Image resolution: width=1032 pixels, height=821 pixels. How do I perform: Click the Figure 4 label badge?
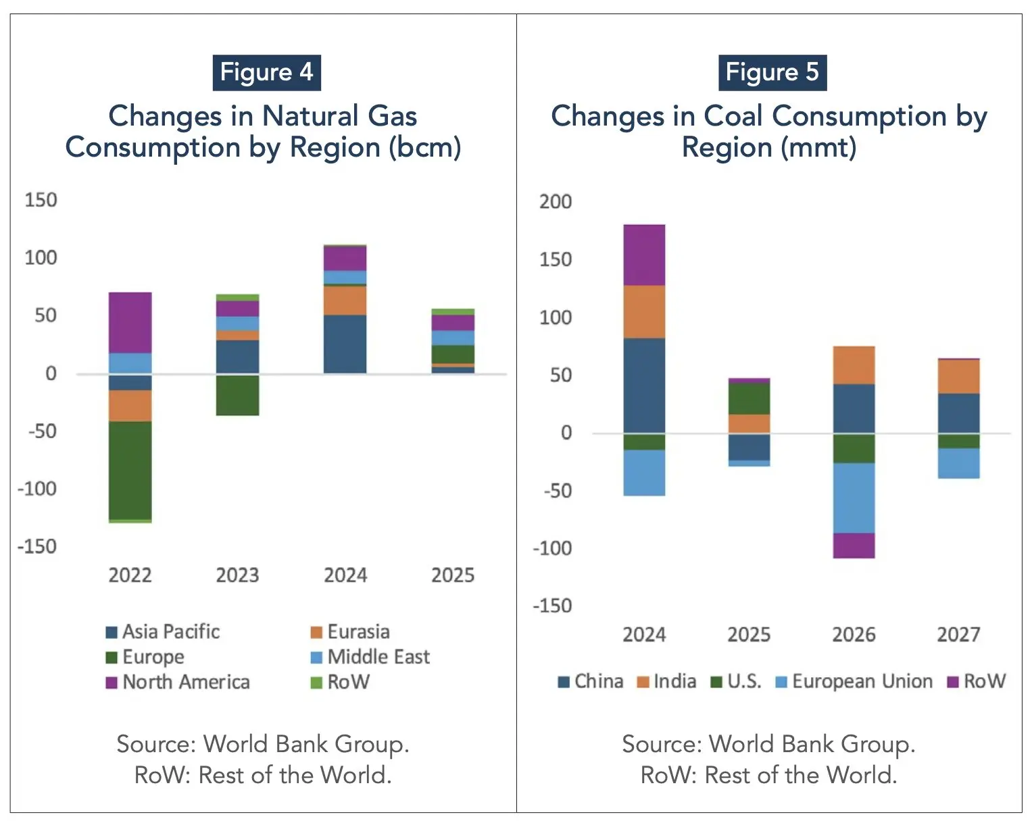[266, 72]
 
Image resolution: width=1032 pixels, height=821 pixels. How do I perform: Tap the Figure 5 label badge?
[772, 72]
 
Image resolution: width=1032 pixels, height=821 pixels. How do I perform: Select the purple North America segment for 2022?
[130, 322]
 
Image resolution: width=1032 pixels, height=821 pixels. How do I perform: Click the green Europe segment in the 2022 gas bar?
[130, 470]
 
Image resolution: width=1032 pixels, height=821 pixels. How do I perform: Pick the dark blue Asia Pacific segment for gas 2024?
[345, 344]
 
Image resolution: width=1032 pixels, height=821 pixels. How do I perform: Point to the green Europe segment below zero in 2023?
[237, 395]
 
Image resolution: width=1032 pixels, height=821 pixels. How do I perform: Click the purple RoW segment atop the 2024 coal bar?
[644, 255]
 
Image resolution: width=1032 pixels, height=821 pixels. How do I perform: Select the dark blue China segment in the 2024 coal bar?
[644, 385]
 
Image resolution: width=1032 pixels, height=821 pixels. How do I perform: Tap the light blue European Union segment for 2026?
[854, 498]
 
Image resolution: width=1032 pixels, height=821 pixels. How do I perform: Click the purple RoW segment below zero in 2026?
[854, 546]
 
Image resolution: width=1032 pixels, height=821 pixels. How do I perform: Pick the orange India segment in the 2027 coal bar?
[958, 376]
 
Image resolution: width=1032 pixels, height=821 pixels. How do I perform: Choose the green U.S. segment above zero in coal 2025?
[749, 398]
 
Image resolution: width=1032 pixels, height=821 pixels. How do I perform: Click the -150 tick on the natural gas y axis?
[37, 546]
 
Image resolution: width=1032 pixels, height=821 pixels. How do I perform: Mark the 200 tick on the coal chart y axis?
[555, 201]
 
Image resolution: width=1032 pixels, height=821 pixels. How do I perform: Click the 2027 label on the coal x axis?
[958, 635]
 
